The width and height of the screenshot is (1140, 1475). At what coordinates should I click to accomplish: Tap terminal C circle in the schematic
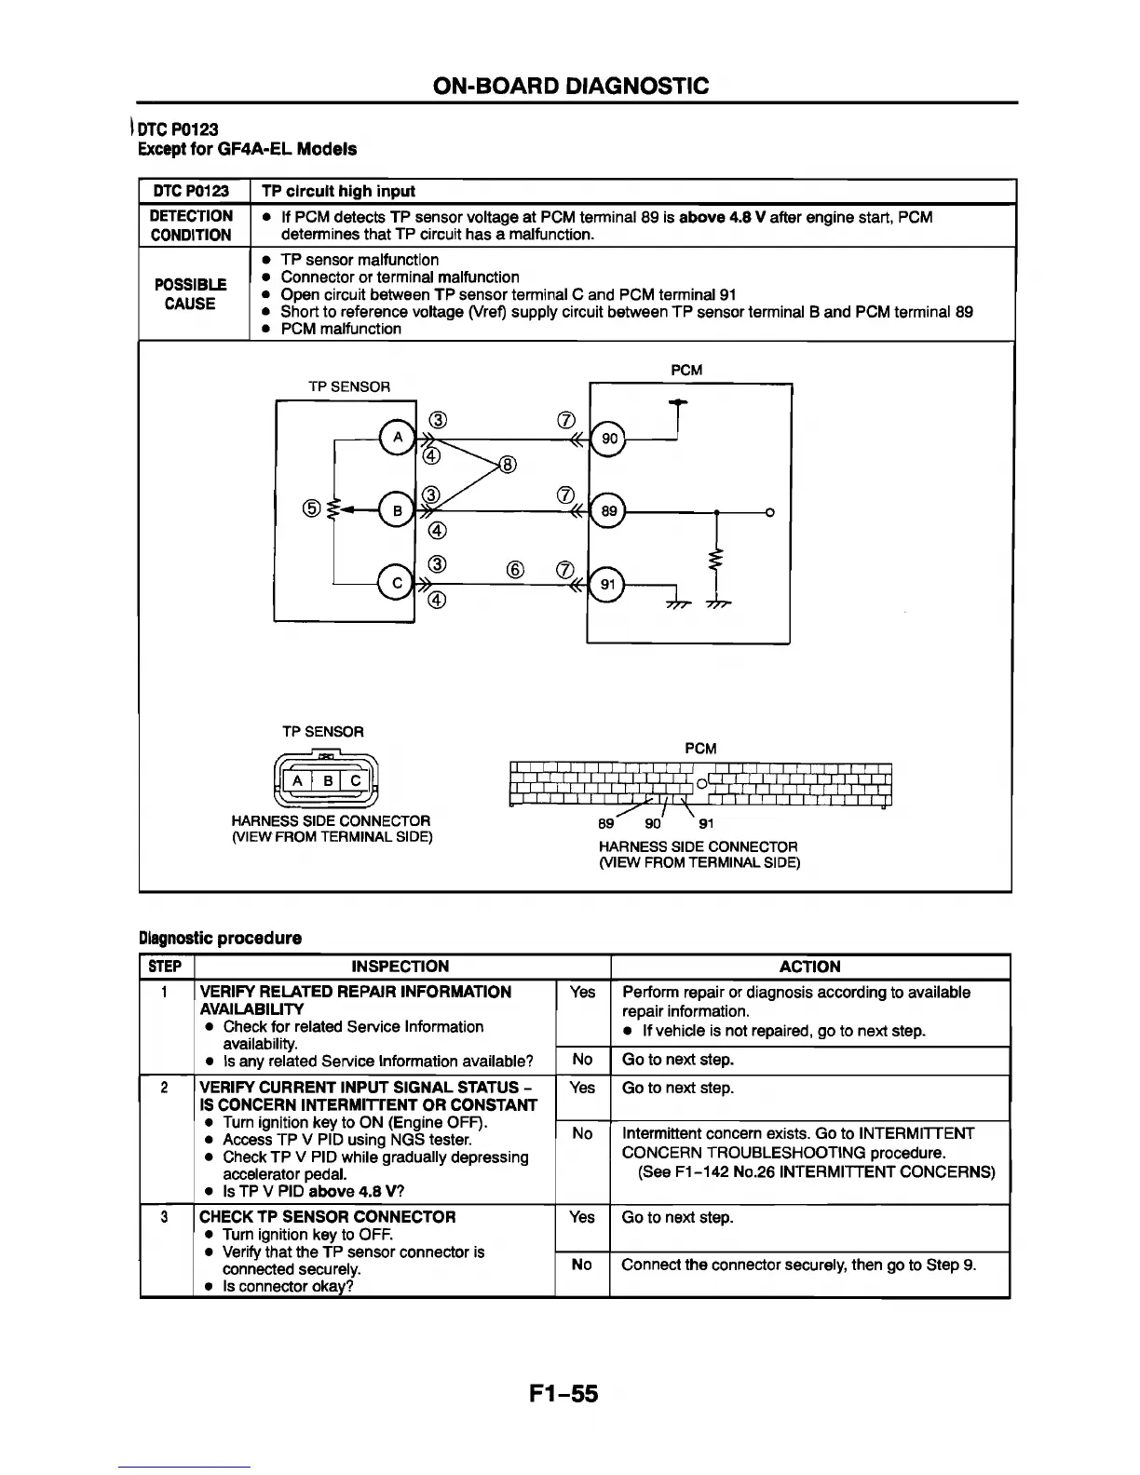pyautogui.click(x=398, y=584)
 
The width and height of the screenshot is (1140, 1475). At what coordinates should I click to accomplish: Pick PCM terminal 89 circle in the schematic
pyautogui.click(x=609, y=511)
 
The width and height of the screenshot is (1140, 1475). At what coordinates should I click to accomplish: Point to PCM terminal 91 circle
pyautogui.click(x=609, y=585)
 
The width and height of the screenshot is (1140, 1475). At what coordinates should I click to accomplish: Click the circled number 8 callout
pyautogui.click(x=509, y=465)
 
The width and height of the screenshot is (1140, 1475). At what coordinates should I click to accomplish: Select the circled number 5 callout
pyautogui.click(x=312, y=508)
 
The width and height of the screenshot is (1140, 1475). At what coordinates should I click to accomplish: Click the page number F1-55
pyautogui.click(x=563, y=1393)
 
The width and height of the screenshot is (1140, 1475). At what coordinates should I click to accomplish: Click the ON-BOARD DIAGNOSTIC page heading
pyautogui.click(x=571, y=87)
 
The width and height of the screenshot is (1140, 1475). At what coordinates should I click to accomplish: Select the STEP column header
pyautogui.click(x=165, y=967)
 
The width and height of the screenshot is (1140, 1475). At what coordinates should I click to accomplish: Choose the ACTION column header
pyautogui.click(x=809, y=967)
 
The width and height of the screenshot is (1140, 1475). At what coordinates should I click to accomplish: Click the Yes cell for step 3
pyautogui.click(x=582, y=1217)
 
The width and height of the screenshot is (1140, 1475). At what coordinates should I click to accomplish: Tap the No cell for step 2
pyautogui.click(x=582, y=1133)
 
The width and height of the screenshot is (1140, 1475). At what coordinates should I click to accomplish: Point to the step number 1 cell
pyautogui.click(x=164, y=992)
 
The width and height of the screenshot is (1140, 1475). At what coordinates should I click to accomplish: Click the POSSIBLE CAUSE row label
pyautogui.click(x=190, y=293)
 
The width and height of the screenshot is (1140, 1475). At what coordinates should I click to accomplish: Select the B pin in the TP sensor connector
pyautogui.click(x=327, y=781)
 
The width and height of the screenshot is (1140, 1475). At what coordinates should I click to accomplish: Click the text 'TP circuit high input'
pyautogui.click(x=338, y=191)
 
